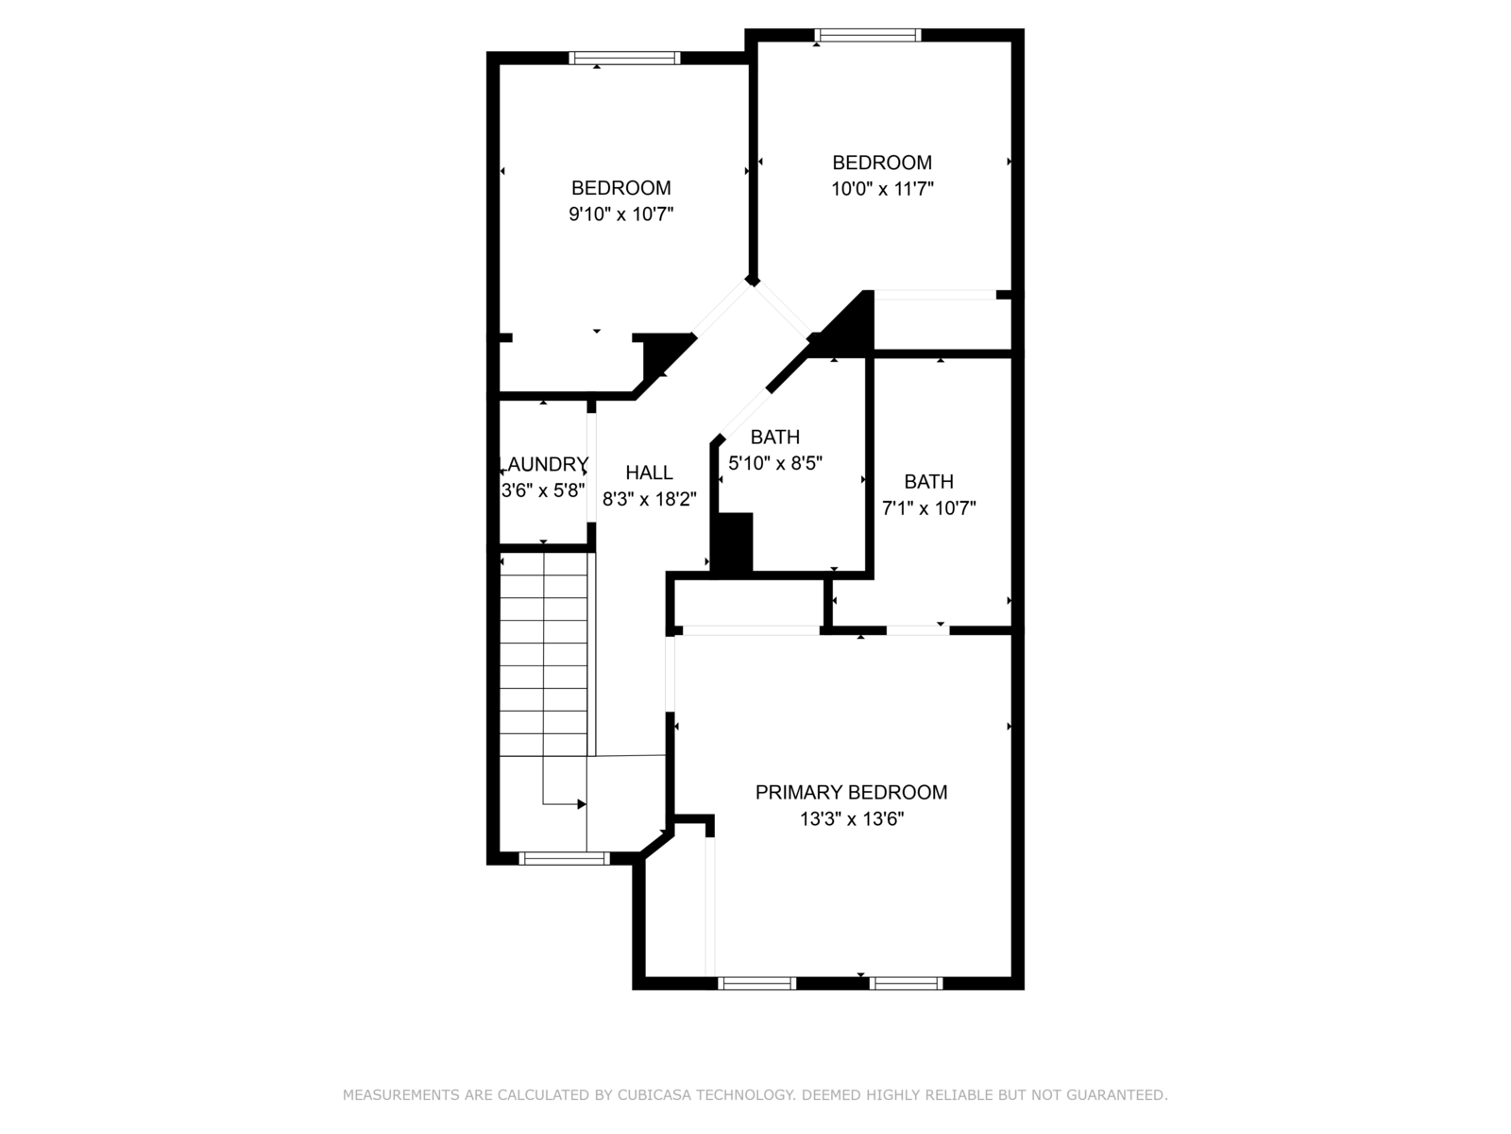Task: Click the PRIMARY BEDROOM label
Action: pos(851,793)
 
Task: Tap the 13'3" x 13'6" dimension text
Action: pos(852,819)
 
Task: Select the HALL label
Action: pos(649,473)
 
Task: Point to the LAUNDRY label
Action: pos(544,464)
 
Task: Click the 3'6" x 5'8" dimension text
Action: pos(543,490)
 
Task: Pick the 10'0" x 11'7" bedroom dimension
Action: pos(882,189)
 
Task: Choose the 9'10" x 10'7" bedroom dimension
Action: pos(620,215)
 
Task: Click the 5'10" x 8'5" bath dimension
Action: pos(776,463)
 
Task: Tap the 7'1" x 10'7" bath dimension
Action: pos(929,508)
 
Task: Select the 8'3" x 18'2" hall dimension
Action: pos(649,499)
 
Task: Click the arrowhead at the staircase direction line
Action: pos(582,804)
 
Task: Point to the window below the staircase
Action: pos(565,859)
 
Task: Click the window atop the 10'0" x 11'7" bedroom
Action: pos(867,35)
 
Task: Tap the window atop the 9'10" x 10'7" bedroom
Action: pos(624,58)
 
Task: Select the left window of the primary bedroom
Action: pos(757,983)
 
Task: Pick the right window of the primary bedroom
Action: pos(906,983)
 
